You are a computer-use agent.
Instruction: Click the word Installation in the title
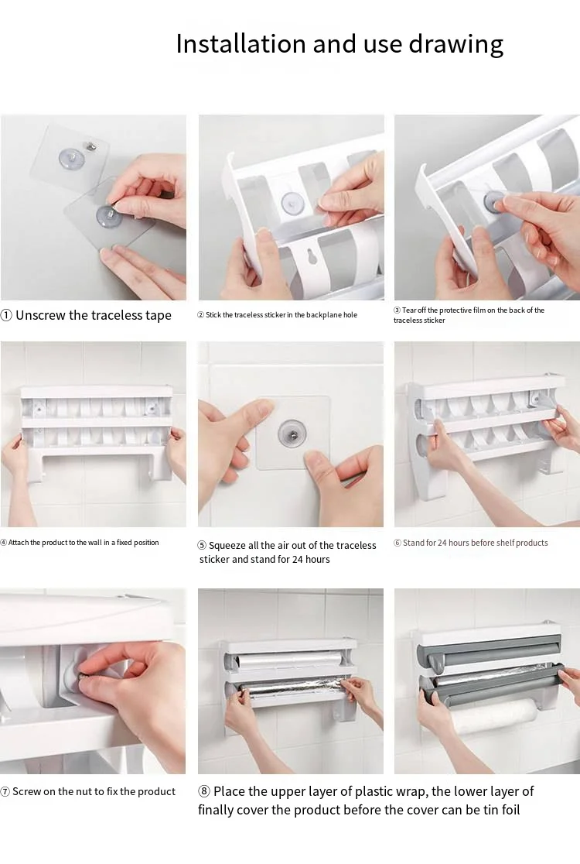point(241,43)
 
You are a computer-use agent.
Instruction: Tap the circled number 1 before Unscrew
point(6,315)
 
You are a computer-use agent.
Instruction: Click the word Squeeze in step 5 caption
point(227,546)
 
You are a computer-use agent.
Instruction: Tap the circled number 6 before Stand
point(397,543)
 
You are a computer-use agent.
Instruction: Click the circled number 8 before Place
point(204,791)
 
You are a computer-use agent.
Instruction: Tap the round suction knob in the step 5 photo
point(291,432)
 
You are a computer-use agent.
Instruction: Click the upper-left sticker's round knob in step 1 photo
point(72,159)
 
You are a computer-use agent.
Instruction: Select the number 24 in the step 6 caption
point(442,543)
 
